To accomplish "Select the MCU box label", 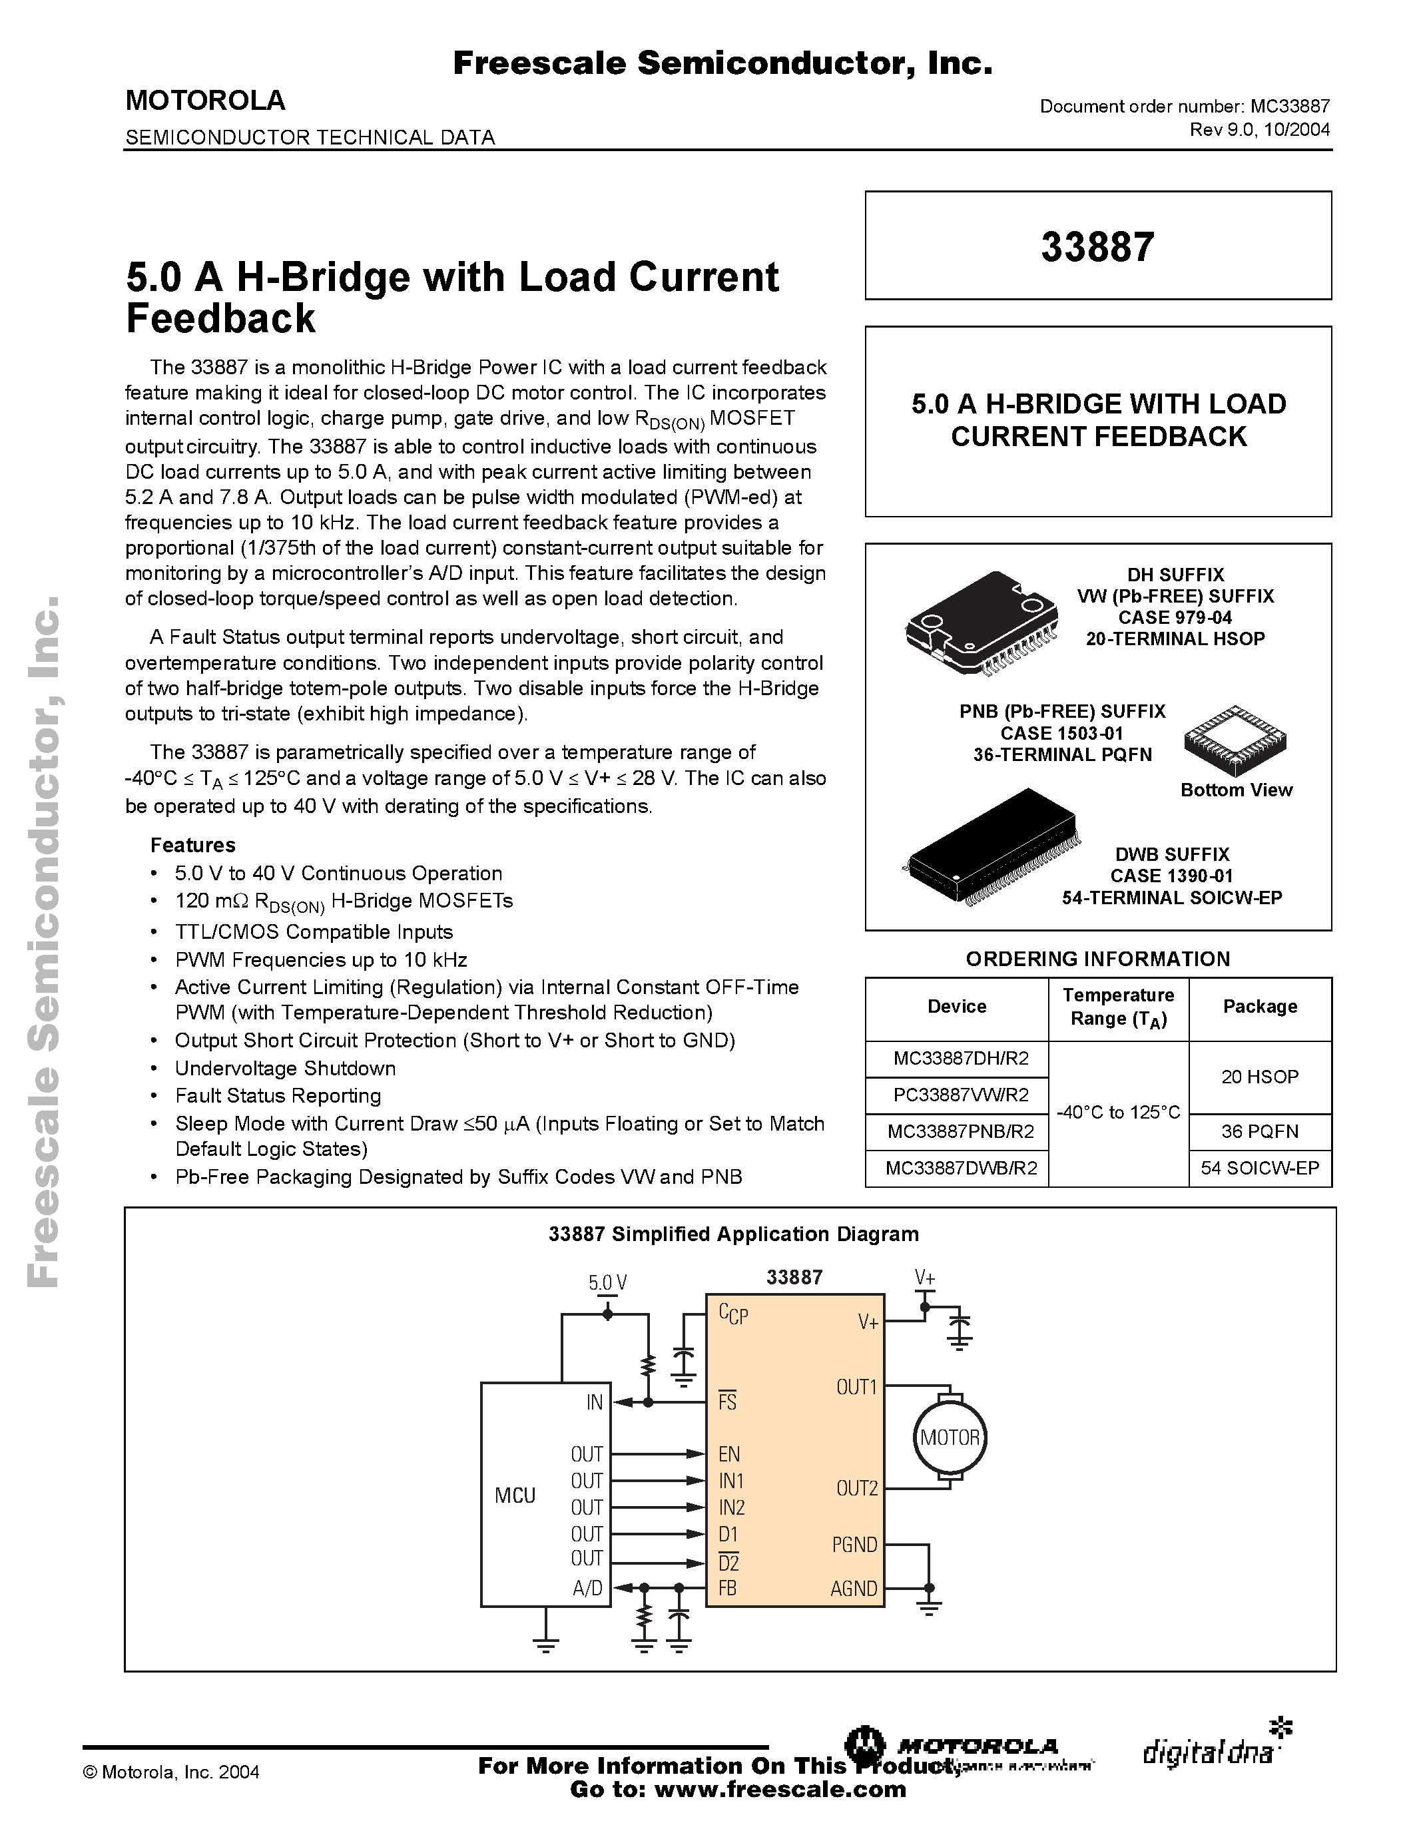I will pos(515,1495).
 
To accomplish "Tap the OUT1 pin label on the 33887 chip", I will pos(856,1388).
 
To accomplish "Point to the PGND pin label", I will pos(854,1544).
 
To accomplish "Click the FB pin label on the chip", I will pos(728,1588).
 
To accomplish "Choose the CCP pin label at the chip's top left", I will pos(732,1314).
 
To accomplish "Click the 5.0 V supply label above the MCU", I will pos(607,1283).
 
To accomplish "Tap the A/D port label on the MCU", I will pos(587,1588).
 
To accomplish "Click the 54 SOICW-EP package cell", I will pos(1259,1168).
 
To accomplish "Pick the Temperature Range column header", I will pos(1117,1007).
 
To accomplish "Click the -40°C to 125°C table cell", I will pos(1117,1113).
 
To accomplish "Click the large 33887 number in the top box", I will pos(1097,247).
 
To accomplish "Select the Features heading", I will pos(193,845).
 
